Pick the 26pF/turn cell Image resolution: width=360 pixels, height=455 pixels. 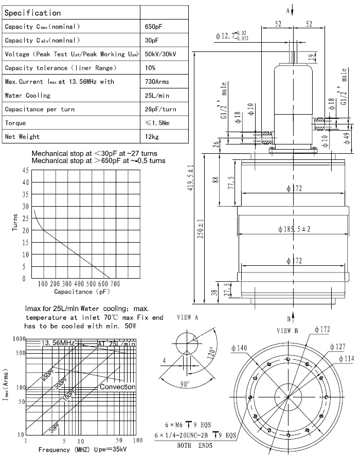point(160,109)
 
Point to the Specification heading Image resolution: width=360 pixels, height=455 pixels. point(32,13)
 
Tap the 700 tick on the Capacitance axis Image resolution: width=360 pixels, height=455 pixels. point(115,284)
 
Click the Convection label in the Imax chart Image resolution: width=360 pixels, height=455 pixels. point(117,387)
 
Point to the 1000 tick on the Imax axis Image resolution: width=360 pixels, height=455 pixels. point(20,339)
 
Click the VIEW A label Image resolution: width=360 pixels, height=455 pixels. point(188,317)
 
